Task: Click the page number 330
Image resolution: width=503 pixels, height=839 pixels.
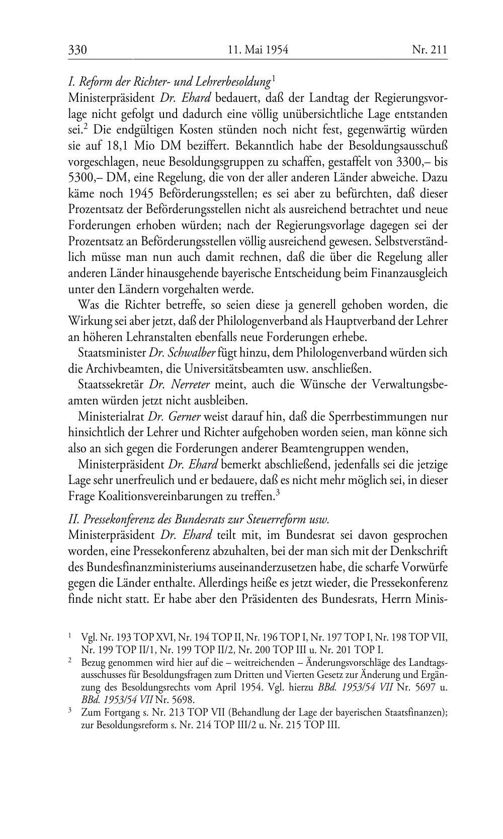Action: pyautogui.click(x=78, y=50)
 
